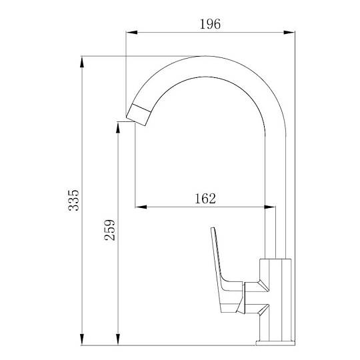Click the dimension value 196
click(x=210, y=24)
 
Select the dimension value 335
click(x=74, y=200)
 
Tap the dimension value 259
click(x=109, y=230)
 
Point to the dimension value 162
click(x=205, y=199)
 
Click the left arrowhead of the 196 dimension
click(x=132, y=33)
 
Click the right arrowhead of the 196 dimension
click(x=289, y=33)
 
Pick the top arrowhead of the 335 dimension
click(x=82, y=62)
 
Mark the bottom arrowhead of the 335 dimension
click(x=82, y=339)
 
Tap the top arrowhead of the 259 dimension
click(x=118, y=127)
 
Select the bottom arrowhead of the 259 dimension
click(x=118, y=339)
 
